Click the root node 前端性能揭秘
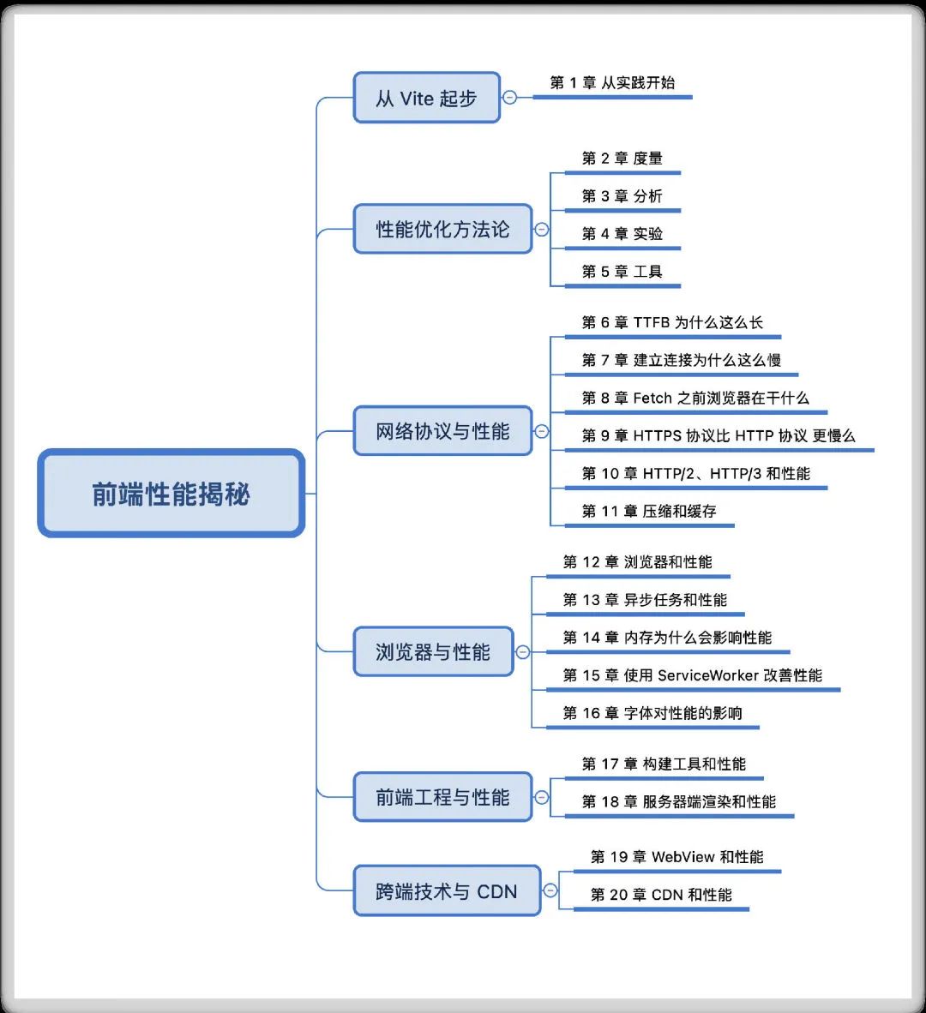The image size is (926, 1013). pos(171,493)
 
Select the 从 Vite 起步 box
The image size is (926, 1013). pos(426,98)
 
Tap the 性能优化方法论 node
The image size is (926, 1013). pos(442,229)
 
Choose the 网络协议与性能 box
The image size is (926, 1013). pos(442,431)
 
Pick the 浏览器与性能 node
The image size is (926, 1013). pos(433,651)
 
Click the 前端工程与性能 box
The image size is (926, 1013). pos(442,796)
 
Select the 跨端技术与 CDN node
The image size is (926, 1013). pos(447,891)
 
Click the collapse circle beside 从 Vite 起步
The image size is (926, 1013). pos(510,98)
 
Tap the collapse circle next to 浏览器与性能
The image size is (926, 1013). pos(523,652)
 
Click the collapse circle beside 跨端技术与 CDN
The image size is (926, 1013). pos(550,890)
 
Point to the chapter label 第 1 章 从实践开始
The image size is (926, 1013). pos(612,82)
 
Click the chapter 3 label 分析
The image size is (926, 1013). pos(647,195)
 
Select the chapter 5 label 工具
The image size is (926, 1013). pos(647,272)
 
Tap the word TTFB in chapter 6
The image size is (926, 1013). pos(652,322)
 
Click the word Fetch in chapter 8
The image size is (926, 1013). pos(652,398)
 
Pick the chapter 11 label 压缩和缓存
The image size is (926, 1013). pos(679,511)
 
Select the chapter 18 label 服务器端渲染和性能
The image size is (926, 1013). pos(709,801)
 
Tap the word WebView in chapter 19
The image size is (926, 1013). pos(683,857)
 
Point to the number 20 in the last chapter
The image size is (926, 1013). pos(618,895)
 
